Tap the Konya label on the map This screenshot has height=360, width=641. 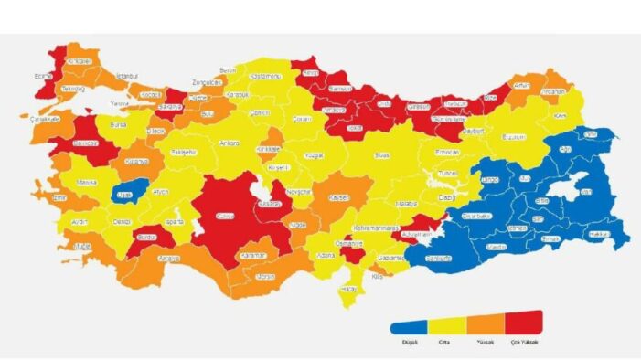[224, 217]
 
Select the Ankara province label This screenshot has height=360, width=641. [230, 143]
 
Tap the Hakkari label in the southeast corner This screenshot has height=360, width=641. [601, 234]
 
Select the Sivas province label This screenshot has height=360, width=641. [382, 155]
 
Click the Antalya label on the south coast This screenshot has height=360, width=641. [168, 258]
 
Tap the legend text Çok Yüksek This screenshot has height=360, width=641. [524, 341]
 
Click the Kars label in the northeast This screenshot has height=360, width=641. [561, 116]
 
